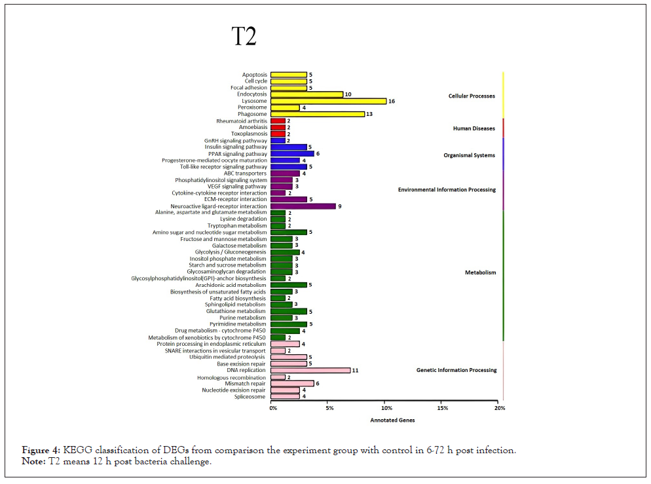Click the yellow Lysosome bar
pos(329,101)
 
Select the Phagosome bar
pos(318,114)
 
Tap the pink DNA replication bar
pos(310,370)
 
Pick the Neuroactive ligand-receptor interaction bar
pos(303,206)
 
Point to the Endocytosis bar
pos(307,94)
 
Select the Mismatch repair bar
pos(292,383)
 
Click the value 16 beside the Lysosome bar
pos(392,101)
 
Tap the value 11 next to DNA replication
pos(356,370)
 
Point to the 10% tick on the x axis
pos(386,408)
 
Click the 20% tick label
pos(499,408)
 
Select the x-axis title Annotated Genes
pos(392,420)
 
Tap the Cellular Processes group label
pos(472,96)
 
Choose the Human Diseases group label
pos(474,128)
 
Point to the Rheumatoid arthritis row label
pos(242,121)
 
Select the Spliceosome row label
pos(251,396)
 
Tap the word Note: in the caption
pos(34,462)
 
